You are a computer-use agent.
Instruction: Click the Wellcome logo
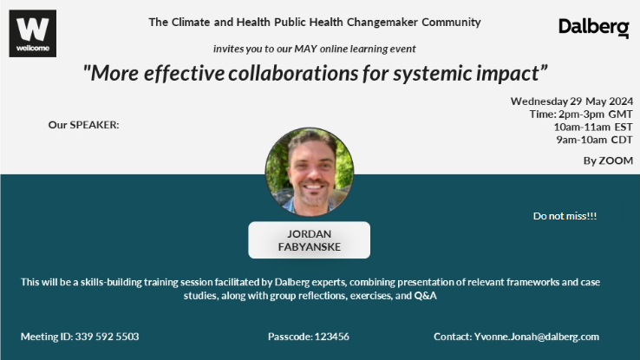tap(33, 34)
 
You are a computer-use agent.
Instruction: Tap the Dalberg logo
tap(594, 28)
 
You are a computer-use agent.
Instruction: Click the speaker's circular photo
tap(310, 172)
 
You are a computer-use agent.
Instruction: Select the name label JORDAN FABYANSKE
tap(310, 240)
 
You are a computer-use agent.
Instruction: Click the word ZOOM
tap(616, 160)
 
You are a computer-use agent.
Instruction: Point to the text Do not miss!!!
tap(565, 216)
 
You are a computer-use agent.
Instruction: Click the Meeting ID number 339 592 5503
tap(107, 337)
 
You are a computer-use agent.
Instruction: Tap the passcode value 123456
tap(332, 337)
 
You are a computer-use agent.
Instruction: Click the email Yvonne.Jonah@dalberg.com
tap(537, 337)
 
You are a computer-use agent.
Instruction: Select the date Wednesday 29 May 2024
tap(571, 101)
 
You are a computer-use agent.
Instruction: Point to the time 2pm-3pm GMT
tap(596, 115)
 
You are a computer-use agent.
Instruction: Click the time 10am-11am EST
tap(593, 127)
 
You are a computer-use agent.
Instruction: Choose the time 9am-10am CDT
tap(594, 140)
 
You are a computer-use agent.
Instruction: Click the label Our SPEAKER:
tap(83, 125)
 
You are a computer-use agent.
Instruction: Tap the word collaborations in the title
tap(293, 74)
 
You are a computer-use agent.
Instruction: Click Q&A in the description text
tap(425, 296)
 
